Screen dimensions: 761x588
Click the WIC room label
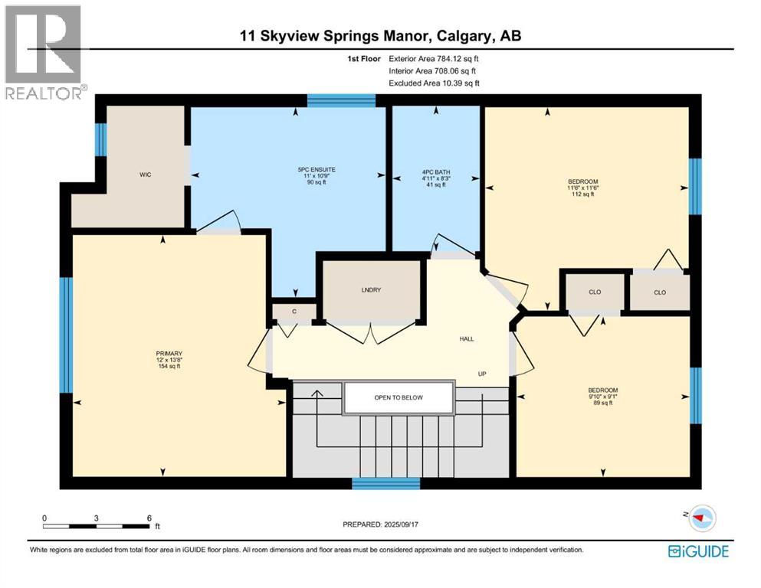145,175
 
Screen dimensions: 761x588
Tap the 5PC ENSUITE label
317,170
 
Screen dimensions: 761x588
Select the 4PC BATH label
436,172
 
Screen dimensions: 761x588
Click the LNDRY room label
371,290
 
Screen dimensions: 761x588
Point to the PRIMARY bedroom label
169,354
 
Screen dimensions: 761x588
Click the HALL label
467,339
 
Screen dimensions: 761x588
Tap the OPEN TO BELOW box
399,398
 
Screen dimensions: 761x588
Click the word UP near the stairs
482,374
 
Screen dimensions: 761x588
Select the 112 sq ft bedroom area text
583,194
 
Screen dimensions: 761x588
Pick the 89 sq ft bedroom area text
603,403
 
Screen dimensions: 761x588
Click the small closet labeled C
294,312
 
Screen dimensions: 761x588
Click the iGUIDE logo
698,551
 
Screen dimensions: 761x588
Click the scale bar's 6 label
149,518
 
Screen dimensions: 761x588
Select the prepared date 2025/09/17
400,524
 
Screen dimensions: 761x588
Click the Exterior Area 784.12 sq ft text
434,59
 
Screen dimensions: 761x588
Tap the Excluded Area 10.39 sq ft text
434,83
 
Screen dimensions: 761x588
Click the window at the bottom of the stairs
385,483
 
